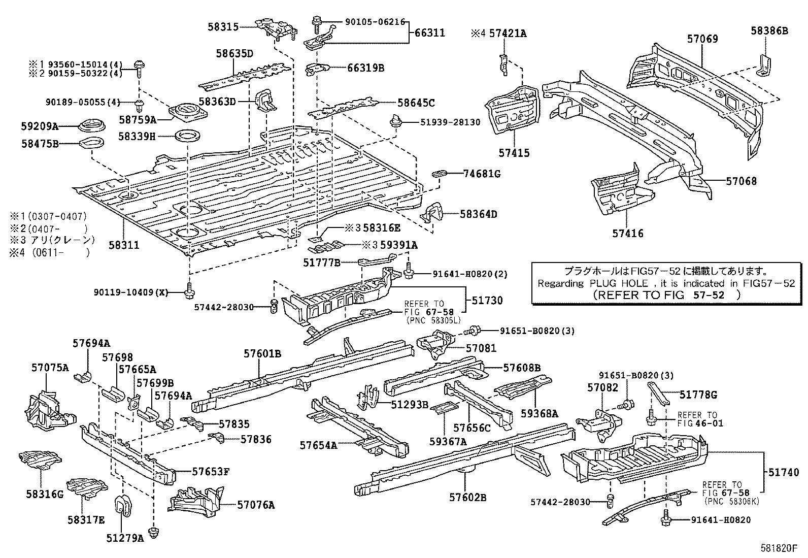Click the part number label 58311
click(123, 245)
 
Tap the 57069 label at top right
click(703, 39)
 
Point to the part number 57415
click(514, 153)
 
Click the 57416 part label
click(627, 234)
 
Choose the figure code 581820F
click(779, 548)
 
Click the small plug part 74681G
click(439, 174)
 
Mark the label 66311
click(429, 33)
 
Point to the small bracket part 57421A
click(504, 63)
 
